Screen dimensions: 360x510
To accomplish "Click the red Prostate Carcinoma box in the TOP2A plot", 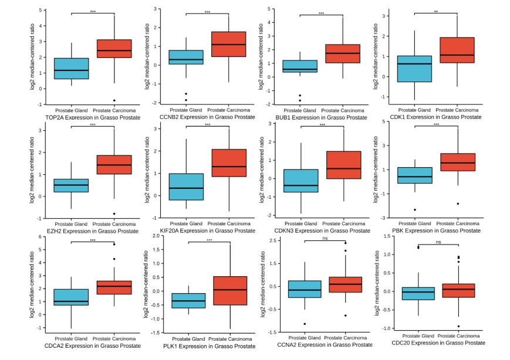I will coord(114,57).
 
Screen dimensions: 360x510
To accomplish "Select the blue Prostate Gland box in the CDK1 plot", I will coord(414,69).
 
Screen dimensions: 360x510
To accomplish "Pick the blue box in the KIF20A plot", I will coord(187,186).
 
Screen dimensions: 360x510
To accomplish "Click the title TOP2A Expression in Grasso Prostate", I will coord(92,117).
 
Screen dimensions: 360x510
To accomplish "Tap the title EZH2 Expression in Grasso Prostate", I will coord(92,231).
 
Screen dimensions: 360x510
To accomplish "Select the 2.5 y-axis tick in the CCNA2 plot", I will coord(269,241).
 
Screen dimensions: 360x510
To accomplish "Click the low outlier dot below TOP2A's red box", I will coord(114,100).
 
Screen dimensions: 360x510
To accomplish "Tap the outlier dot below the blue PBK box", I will coord(414,209).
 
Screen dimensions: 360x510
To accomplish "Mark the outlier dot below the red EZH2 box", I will coord(114,213).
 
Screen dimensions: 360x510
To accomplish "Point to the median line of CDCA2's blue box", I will coord(71,301).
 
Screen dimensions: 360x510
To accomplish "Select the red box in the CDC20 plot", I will coord(458,290).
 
